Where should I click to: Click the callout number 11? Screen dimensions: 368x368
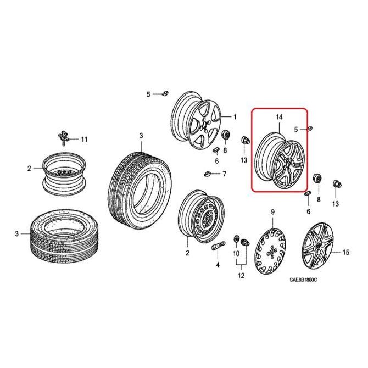[x=84, y=140]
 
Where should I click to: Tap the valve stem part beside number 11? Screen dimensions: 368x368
[x=64, y=136]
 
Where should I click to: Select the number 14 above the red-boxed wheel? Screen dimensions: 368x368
[x=278, y=118]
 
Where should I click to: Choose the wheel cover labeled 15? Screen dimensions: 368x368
[x=320, y=247]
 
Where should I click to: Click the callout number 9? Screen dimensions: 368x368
[x=271, y=212]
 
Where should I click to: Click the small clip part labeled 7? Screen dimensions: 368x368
[x=207, y=175]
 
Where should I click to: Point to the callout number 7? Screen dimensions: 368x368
[x=224, y=174]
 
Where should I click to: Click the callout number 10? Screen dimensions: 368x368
[x=236, y=254]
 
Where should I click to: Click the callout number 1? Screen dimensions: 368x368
[x=235, y=116]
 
